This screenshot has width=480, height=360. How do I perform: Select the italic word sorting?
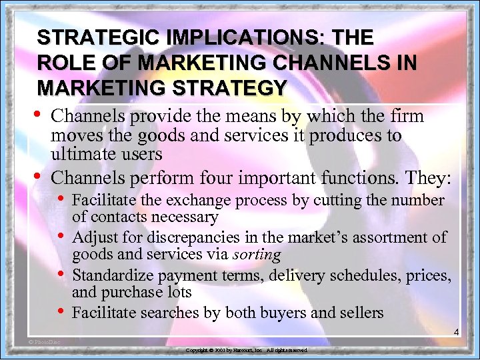pyautogui.click(x=257, y=254)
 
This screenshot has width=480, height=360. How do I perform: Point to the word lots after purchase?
pyautogui.click(x=177, y=291)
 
